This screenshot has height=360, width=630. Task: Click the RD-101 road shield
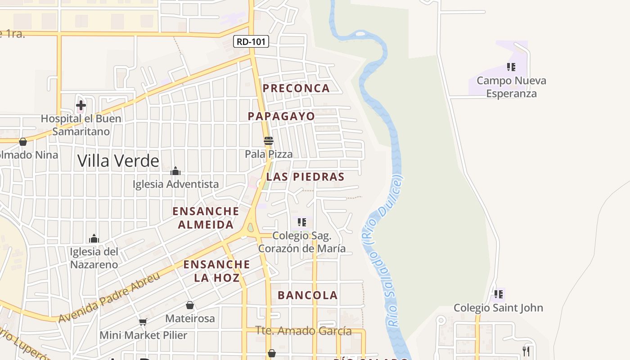pos(251,42)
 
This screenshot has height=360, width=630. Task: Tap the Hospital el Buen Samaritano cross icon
pos(81,106)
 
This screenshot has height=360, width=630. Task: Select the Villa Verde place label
pos(118,161)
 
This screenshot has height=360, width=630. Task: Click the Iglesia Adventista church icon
pos(175,171)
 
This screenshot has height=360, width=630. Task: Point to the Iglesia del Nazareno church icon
pos(94,238)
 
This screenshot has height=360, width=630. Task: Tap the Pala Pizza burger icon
pos(269,141)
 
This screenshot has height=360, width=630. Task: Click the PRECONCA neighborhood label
pos(296,88)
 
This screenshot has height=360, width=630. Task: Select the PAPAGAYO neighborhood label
pos(281,116)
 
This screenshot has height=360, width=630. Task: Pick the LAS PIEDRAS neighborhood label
pos(305,177)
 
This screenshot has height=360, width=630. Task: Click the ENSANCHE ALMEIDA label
pos(206,218)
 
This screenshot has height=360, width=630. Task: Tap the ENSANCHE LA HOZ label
pos(216,271)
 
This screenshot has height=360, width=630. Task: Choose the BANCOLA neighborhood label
pos(307,295)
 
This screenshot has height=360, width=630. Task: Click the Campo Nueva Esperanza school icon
pos(511,67)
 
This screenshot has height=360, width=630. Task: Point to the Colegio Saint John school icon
pos(499,294)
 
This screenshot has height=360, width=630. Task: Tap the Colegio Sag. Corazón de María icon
pos(302,222)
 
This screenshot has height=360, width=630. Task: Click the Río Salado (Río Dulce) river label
pos(387,252)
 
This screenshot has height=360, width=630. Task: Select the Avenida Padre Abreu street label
pos(109,297)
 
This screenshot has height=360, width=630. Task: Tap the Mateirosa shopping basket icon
pos(190,305)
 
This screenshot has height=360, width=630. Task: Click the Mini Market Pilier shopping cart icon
pos(143,322)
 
